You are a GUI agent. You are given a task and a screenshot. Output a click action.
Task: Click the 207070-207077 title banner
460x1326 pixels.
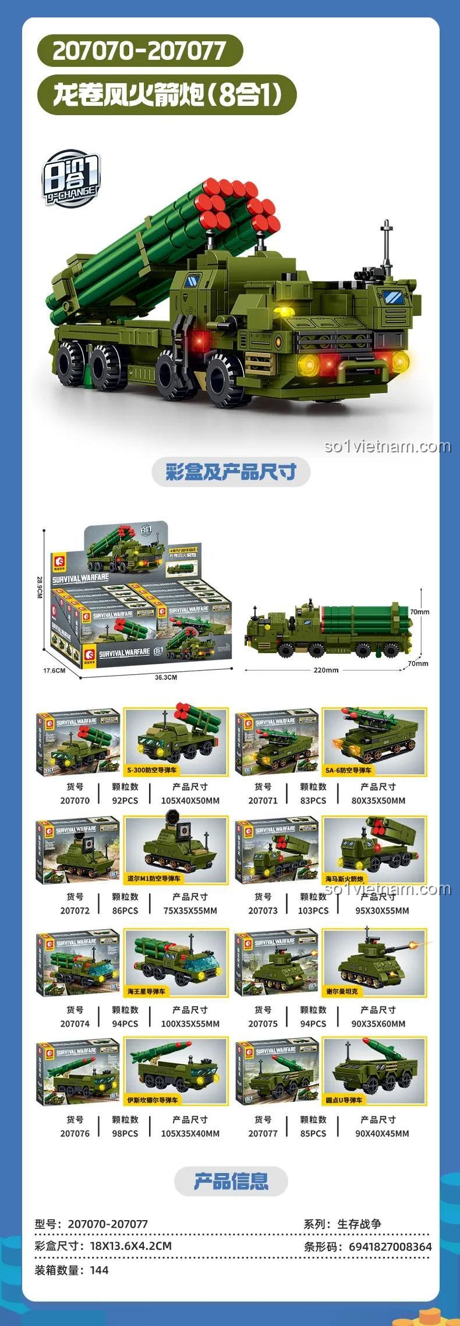click(x=139, y=52)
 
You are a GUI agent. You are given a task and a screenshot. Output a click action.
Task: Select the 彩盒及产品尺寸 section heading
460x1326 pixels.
click(x=231, y=472)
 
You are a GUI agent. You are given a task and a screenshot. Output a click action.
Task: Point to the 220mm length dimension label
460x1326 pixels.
click(x=326, y=670)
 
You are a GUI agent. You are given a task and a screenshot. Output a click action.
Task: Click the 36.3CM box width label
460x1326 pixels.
click(x=166, y=678)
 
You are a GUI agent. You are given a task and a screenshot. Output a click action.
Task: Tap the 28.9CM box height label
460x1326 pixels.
click(x=40, y=589)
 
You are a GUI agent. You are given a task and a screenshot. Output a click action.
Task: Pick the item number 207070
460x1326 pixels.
click(x=75, y=800)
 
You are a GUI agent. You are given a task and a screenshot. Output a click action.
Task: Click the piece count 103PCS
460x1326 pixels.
click(x=313, y=910)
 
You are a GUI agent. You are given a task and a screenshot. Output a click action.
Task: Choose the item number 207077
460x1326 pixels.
click(x=263, y=1133)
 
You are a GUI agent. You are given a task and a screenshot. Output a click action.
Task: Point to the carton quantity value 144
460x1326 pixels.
click(x=100, y=1270)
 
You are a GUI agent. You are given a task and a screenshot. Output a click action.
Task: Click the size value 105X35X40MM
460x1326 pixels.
click(x=190, y=1133)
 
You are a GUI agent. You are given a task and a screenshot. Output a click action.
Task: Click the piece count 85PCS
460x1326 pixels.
click(x=313, y=1133)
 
